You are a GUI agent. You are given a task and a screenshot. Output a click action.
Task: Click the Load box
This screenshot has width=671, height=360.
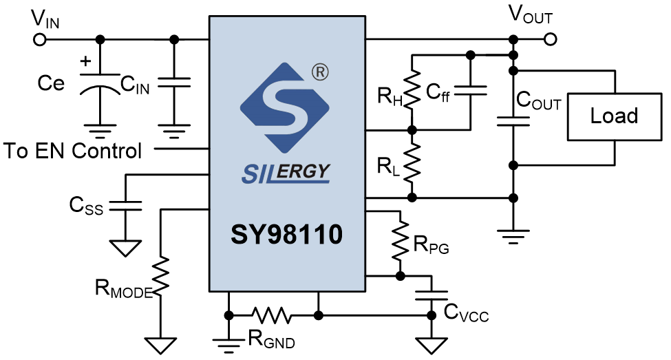click(x=614, y=116)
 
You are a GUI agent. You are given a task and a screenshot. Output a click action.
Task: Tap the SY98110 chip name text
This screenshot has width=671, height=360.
click(x=286, y=235)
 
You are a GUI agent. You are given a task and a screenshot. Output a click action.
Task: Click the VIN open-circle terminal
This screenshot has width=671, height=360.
click(x=40, y=39)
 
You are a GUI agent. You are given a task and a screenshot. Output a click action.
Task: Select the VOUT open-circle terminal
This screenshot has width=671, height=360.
click(x=550, y=39)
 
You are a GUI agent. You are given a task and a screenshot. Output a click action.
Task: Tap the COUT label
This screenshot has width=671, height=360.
click(x=539, y=103)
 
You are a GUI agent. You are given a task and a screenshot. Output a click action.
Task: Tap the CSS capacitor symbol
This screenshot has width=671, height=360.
click(x=127, y=204)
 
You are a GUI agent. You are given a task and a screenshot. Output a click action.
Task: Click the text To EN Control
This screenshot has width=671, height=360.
click(x=73, y=150)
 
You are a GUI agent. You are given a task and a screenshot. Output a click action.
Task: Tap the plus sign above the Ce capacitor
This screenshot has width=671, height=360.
click(x=85, y=61)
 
